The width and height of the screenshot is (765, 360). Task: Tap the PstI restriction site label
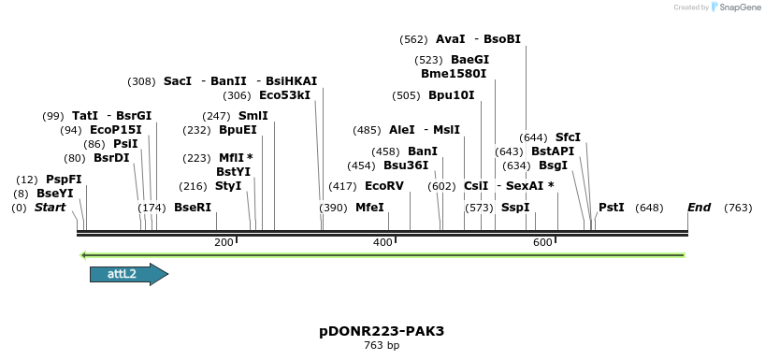[x=611, y=208]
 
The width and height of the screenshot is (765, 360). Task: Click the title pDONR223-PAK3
[x=382, y=331]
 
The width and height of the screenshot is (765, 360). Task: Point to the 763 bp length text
[x=382, y=346]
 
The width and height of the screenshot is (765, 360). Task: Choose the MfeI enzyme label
[x=369, y=208]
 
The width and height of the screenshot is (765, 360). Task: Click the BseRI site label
[x=193, y=208]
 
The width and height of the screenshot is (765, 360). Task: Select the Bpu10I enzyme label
[x=452, y=95]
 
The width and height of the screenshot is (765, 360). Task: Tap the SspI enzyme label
[x=515, y=208]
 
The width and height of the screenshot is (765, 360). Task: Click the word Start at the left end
[x=50, y=208]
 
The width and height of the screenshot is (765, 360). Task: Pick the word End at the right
[x=699, y=208]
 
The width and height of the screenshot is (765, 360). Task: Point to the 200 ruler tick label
[x=224, y=243]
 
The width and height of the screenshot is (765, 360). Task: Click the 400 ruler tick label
[x=382, y=243]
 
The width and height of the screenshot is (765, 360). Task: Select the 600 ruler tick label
[x=542, y=243]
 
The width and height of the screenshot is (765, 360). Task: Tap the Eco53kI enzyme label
[x=284, y=95]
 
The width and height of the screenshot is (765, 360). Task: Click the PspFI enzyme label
[x=64, y=180]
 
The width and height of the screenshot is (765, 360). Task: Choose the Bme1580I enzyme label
[x=454, y=73]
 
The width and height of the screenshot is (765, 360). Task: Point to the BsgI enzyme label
[x=553, y=166]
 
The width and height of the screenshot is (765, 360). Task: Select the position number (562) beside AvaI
[x=413, y=39]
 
